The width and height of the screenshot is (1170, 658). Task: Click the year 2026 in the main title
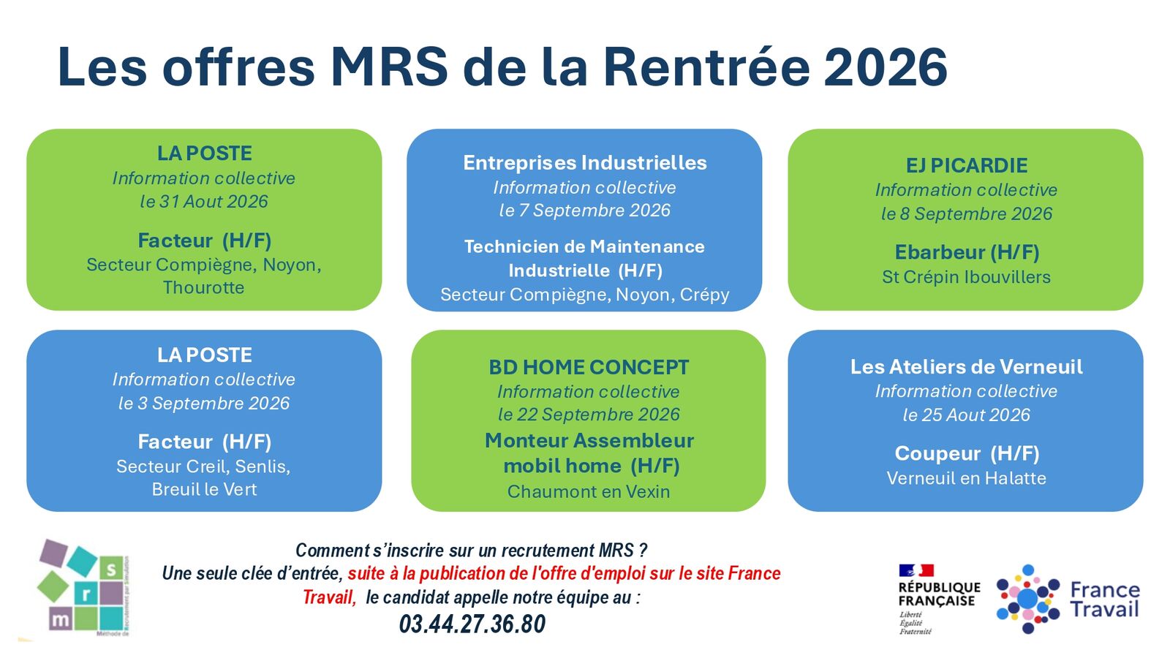tap(886, 67)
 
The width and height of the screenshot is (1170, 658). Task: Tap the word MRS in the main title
tap(389, 67)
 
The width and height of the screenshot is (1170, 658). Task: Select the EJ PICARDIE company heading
tap(966, 165)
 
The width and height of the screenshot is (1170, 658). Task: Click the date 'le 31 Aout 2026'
tap(204, 202)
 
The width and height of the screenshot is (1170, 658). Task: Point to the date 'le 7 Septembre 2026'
tap(584, 211)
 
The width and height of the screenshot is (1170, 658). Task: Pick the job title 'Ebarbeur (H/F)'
tap(967, 252)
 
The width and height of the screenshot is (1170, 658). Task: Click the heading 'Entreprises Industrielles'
tap(585, 163)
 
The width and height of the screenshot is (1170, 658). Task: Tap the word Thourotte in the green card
tap(204, 288)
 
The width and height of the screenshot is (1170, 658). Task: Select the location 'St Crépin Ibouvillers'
tap(966, 277)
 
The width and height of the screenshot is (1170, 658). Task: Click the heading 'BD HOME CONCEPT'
tap(589, 367)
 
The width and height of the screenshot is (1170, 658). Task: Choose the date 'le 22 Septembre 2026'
tap(589, 415)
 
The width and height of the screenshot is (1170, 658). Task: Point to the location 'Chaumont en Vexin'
tap(589, 491)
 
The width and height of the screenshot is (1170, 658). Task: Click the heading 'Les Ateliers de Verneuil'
tap(966, 366)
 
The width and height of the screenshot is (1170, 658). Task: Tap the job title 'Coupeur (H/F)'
tap(967, 453)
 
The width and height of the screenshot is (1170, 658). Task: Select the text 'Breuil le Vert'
tap(204, 489)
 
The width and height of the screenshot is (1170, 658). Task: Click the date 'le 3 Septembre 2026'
tap(204, 403)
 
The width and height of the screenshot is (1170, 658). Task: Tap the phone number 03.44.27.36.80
tap(472, 624)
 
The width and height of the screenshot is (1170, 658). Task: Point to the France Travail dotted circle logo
tap(1028, 599)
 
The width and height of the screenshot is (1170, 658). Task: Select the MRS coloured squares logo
tap(83, 588)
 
